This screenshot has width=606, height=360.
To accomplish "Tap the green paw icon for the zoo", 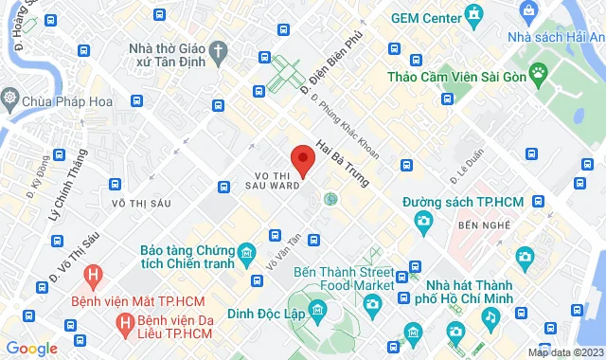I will coord(539,72).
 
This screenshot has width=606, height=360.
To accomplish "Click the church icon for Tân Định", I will coord(219,49).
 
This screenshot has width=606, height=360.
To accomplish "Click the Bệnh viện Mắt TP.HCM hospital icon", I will coord(93,277).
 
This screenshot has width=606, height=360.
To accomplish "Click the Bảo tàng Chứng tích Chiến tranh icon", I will coord(247,253).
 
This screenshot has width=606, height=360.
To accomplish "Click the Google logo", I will coord(30,348).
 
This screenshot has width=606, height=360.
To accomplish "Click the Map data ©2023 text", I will coord(564,352).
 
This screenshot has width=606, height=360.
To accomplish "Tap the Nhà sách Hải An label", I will coord(546,36).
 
